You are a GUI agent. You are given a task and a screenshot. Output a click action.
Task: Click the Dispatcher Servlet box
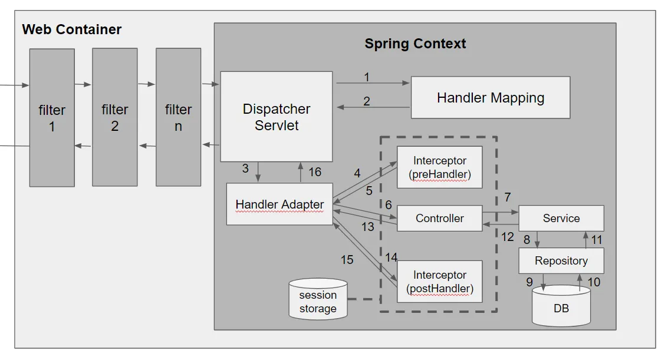[x=276, y=117]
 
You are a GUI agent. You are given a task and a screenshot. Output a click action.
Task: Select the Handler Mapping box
[x=491, y=97]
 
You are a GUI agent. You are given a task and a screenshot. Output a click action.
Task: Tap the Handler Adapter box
[x=279, y=204]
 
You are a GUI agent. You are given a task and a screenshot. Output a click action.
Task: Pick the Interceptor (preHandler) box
[x=440, y=167]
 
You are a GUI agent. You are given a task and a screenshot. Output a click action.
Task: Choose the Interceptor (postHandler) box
[x=440, y=282]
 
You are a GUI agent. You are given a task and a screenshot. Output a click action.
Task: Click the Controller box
[x=440, y=218]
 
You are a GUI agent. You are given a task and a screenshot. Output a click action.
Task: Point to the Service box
[x=561, y=218]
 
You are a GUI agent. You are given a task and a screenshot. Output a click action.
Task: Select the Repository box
[x=561, y=261]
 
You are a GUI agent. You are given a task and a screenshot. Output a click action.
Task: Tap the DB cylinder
[x=561, y=306]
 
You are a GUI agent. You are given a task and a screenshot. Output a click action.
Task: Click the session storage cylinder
[x=318, y=299]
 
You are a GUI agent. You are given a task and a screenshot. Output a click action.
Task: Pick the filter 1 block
[x=52, y=118]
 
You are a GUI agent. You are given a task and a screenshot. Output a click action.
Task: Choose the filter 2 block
[x=114, y=117]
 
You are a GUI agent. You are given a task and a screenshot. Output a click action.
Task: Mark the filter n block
[x=178, y=117]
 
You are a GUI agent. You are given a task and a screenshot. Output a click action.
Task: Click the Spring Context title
[x=415, y=44]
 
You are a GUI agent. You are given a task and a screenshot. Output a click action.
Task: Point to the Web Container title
[x=71, y=29]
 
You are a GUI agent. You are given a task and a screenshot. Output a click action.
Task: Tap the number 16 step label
[x=315, y=172]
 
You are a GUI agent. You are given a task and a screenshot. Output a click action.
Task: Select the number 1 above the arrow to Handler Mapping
[x=366, y=77]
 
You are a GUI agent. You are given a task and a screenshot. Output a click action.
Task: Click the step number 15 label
[x=347, y=260]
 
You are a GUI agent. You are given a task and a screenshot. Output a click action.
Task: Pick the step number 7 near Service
[x=508, y=197]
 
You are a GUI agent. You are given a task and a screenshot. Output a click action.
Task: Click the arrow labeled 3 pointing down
[x=258, y=172]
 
